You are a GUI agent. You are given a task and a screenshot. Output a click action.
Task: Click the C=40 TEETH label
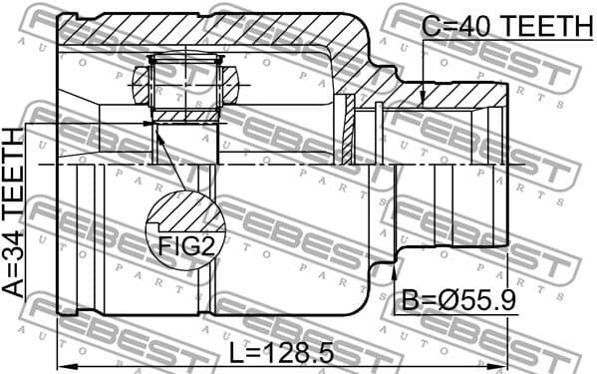coord(506,28)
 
